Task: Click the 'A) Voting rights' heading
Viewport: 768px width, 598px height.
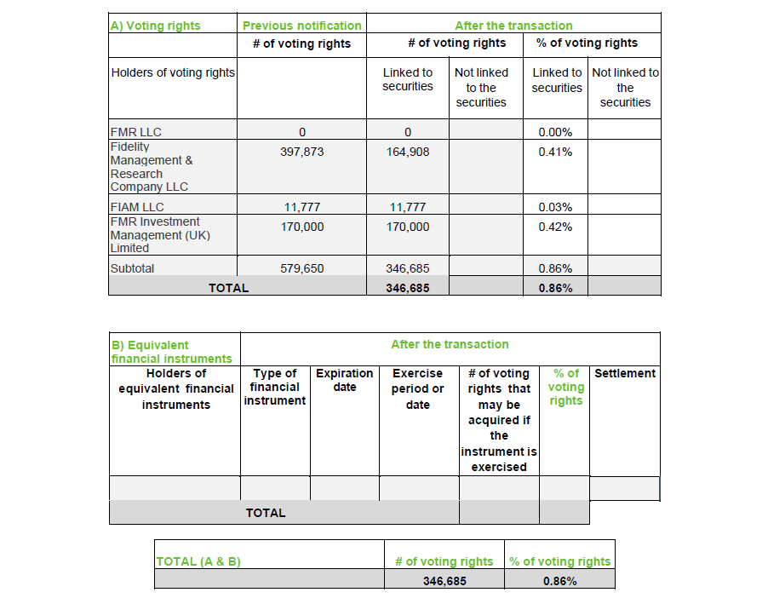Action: [155, 26]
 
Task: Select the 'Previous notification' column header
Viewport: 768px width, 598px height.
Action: [302, 26]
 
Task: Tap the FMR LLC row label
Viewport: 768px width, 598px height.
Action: [136, 132]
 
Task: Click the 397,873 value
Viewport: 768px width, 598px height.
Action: [302, 152]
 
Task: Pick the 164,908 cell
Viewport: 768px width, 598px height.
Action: [408, 152]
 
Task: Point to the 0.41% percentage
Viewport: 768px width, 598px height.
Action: [555, 152]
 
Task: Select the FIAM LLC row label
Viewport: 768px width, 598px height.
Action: [137, 207]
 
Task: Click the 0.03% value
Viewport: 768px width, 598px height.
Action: [555, 207]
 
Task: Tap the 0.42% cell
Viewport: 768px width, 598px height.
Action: [555, 227]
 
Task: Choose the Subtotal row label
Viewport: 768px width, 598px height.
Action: [132, 268]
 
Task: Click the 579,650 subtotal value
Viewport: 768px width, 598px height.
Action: [302, 268]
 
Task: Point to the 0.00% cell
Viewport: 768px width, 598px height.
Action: [555, 132]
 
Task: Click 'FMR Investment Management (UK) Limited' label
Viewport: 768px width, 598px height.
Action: [160, 234]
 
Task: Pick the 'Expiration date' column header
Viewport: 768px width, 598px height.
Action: [345, 380]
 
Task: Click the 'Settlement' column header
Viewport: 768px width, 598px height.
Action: [625, 373]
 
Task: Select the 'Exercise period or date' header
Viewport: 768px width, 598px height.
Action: [418, 388]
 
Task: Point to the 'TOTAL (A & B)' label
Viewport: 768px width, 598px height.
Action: [198, 562]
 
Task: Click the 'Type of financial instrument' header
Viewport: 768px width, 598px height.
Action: [274, 387]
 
